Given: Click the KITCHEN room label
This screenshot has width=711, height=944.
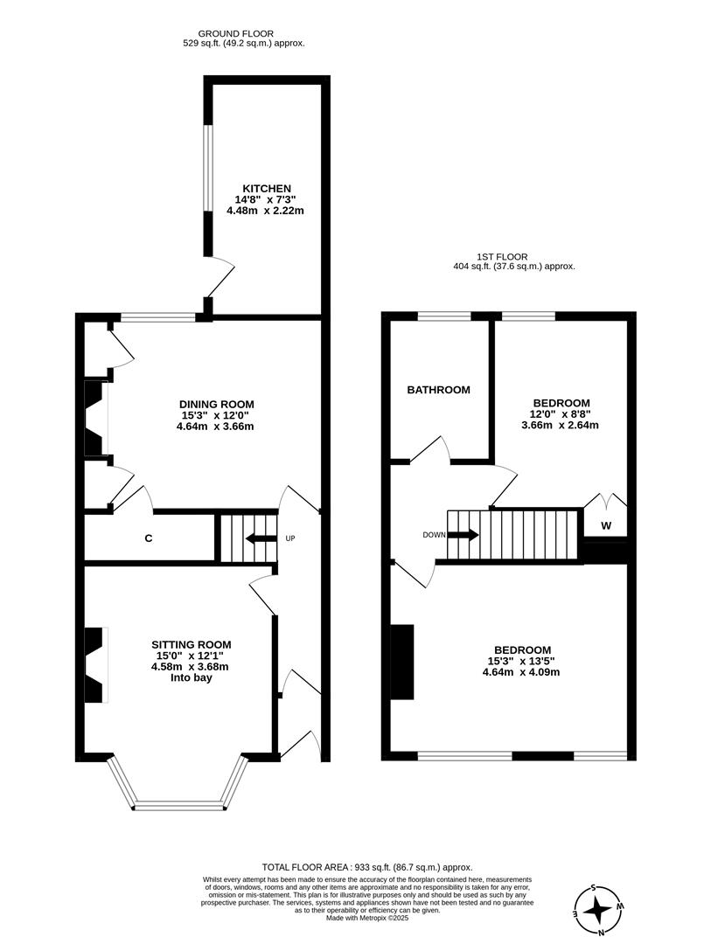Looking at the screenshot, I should [x=267, y=189].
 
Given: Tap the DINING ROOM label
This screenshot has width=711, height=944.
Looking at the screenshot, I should [x=218, y=404].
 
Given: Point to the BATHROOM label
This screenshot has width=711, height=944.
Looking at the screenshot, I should [x=439, y=390].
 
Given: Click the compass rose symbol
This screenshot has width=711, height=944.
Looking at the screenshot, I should [x=598, y=911].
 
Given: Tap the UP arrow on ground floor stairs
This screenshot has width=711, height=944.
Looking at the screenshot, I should [x=260, y=538].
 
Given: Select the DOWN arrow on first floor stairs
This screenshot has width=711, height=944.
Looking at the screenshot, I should [x=463, y=535].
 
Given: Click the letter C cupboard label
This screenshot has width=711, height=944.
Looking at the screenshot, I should [x=149, y=538].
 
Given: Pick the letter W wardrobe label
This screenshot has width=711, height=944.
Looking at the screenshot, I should [x=605, y=526].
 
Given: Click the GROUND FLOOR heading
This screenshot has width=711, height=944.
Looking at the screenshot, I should [x=244, y=31].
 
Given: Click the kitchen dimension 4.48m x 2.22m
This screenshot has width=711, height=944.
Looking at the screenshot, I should [x=267, y=211].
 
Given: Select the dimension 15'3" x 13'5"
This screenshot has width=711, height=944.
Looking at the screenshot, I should [x=522, y=661].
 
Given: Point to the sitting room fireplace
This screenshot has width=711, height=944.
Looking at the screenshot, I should [x=94, y=664].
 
